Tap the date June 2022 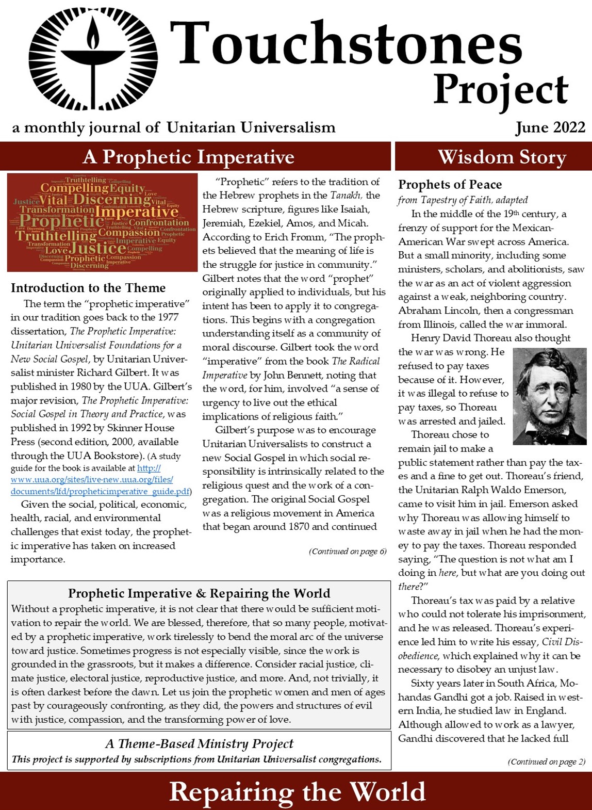point(550,127)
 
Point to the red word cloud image point(102,222)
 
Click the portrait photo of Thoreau point(549,396)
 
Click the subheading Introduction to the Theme point(88,288)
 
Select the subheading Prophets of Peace point(450,185)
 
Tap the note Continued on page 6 point(348,552)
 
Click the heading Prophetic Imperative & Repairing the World point(199,593)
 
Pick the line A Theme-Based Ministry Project point(199,743)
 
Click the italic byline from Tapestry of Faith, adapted point(463,200)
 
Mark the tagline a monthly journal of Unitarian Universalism point(174,127)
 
